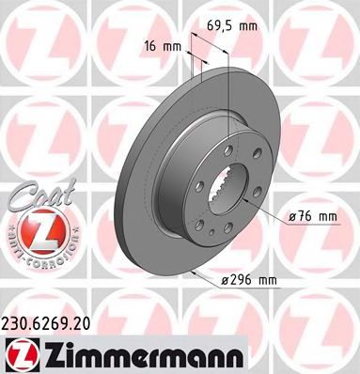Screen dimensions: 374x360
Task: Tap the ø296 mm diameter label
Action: (248, 280)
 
